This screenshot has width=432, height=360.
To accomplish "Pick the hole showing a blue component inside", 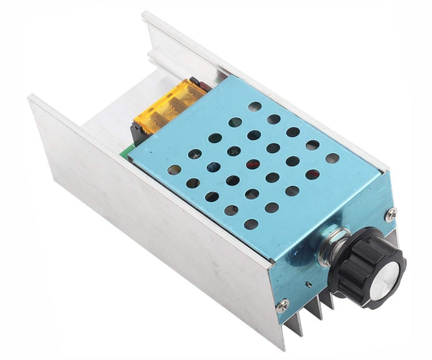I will [213, 167].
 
